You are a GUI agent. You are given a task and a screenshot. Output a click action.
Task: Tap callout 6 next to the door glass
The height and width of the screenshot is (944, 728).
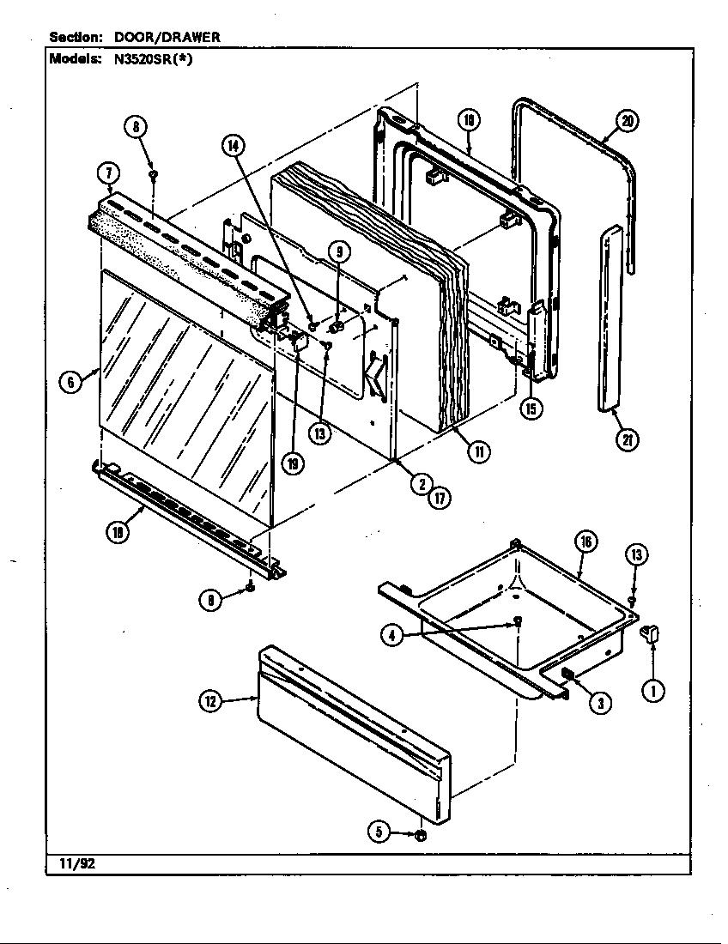[72, 383]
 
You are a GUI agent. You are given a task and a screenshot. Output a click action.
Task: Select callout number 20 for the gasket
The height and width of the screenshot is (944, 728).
[628, 122]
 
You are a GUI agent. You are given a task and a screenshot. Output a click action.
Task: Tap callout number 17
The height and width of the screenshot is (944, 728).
[440, 499]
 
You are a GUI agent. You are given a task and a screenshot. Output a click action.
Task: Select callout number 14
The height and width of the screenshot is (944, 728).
[233, 146]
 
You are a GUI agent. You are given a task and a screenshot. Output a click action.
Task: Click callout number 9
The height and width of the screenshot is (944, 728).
[339, 251]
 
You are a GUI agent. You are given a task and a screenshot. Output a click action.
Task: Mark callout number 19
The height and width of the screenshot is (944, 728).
[294, 464]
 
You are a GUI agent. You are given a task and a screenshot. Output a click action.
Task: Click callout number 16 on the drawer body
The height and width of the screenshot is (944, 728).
[586, 542]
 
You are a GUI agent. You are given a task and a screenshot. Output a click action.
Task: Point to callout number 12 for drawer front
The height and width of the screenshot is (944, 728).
[210, 702]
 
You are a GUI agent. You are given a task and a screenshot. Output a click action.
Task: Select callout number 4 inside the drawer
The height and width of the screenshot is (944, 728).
[392, 636]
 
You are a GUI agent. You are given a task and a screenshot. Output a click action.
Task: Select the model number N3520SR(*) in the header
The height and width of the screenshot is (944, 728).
[150, 60]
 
